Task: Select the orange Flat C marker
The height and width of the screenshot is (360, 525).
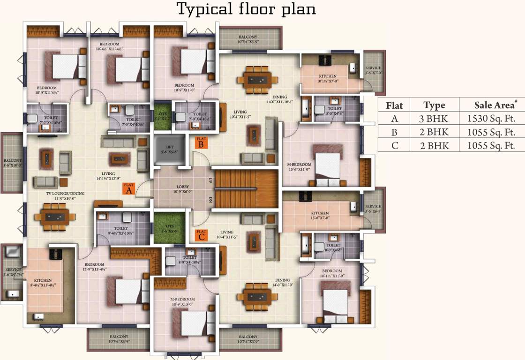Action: pyautogui.click(x=201, y=234)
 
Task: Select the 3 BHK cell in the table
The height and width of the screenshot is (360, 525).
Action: pyautogui.click(x=434, y=119)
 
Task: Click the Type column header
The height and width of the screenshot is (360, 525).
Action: pyautogui.click(x=434, y=105)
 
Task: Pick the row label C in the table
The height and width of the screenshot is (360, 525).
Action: pyautogui.click(x=394, y=145)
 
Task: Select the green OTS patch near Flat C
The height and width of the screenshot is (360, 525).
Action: pyautogui.click(x=168, y=227)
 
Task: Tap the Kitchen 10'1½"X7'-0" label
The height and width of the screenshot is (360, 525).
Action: pyautogui.click(x=328, y=78)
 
